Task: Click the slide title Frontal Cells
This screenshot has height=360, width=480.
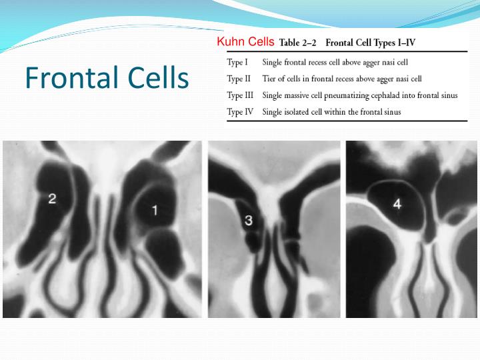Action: [x=107, y=78]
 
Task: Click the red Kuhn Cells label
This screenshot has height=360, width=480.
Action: [x=245, y=42]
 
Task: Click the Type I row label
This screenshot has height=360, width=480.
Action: [x=238, y=63]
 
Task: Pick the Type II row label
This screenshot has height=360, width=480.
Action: [x=239, y=79]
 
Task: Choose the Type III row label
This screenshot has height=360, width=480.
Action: [x=241, y=95]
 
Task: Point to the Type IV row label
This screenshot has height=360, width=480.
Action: [x=240, y=111]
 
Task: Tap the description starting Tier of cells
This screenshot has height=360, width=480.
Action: [x=342, y=79]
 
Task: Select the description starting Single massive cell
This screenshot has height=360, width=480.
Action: [x=360, y=95]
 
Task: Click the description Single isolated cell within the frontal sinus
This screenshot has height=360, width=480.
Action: [x=331, y=111]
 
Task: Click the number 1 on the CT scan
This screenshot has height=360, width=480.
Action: [x=155, y=211]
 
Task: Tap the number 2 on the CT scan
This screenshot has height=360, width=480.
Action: [x=52, y=197]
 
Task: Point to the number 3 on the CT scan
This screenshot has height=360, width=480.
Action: [x=248, y=220]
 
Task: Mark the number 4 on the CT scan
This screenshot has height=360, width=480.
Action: [x=397, y=205]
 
